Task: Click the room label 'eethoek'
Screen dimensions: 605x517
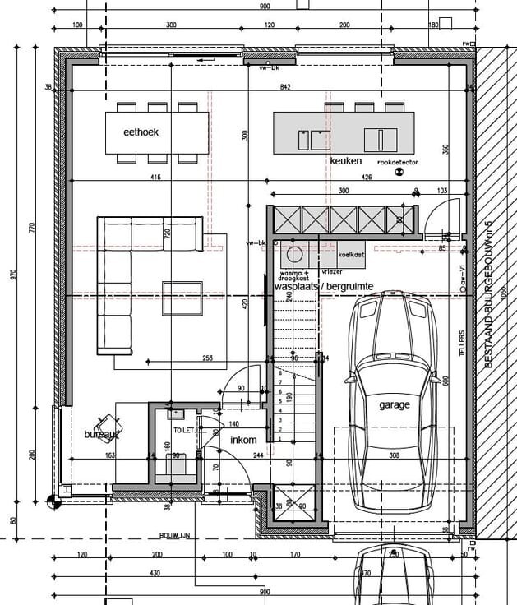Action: point(141,132)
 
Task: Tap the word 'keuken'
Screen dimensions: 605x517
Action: point(345,161)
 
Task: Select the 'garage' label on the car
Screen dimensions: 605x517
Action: point(394,405)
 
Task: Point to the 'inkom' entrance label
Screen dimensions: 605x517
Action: point(243,441)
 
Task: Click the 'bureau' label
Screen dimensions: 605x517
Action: point(102,433)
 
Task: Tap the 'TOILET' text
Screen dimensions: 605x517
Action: point(182,430)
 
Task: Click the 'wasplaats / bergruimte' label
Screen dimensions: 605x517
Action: point(324,286)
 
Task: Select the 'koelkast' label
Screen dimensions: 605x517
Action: point(351,256)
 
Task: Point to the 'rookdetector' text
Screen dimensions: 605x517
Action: point(397,163)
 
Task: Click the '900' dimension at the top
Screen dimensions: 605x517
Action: point(265,7)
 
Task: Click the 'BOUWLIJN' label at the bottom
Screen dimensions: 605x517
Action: point(175,535)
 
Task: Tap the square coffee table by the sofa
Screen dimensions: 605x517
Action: point(177,298)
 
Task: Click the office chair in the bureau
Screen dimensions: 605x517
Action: point(107,427)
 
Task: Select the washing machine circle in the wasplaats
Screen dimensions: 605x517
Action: point(295,253)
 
